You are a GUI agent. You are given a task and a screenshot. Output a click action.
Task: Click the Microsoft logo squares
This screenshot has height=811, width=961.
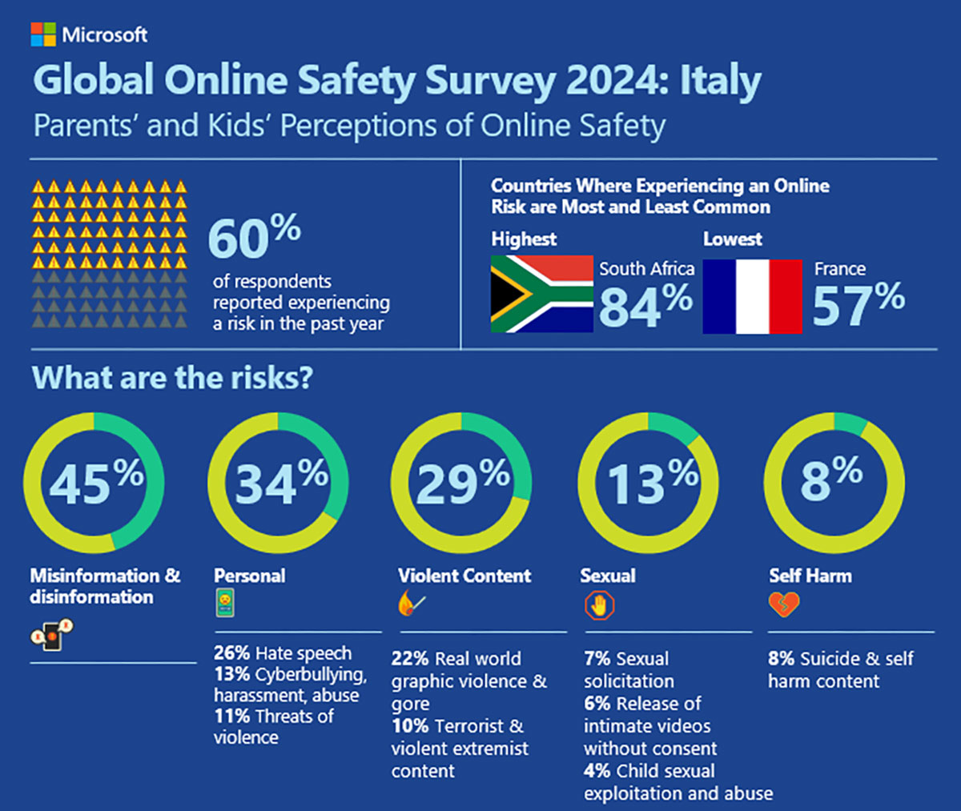[x=43, y=34]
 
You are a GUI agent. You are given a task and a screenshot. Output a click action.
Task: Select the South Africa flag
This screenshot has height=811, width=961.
[x=541, y=295]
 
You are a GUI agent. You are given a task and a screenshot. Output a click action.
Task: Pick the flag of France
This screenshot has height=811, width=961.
[x=751, y=296]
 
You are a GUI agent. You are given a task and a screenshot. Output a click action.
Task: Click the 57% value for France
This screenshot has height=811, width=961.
[x=858, y=305]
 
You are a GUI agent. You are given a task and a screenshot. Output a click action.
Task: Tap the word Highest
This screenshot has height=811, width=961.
[x=524, y=239]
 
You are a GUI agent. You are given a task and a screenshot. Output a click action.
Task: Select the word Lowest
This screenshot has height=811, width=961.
[x=732, y=239]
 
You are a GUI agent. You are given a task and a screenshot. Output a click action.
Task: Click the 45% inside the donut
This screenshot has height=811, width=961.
[x=95, y=483]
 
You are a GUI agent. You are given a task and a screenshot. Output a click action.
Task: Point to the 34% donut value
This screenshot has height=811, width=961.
[x=280, y=483]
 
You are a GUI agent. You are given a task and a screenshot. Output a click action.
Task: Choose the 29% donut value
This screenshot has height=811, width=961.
[x=462, y=483]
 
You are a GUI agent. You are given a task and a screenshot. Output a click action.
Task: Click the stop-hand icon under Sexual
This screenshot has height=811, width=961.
[x=598, y=606]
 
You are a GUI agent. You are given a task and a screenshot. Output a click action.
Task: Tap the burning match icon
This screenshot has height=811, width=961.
[x=411, y=603]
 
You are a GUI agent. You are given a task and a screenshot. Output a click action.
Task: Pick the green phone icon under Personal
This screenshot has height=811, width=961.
[x=225, y=602]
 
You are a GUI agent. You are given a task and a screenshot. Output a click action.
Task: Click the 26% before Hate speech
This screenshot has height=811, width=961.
[x=231, y=653]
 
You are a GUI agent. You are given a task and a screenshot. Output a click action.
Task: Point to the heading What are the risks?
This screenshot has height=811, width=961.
[x=171, y=377]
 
